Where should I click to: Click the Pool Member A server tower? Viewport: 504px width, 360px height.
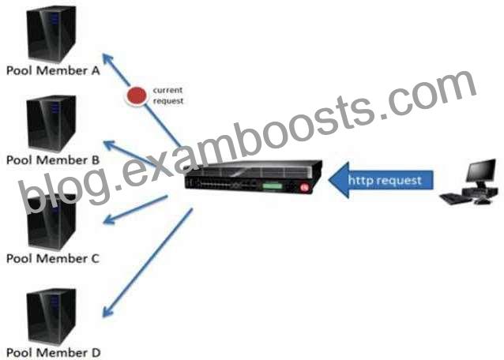tap(51, 34)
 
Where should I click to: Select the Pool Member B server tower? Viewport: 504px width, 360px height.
tap(51, 124)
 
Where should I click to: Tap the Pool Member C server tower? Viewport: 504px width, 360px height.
tap(51, 222)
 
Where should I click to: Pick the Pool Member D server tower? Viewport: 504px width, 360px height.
tap(51, 317)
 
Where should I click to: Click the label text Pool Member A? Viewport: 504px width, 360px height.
tap(53, 70)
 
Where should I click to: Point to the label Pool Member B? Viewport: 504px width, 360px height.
tap(53, 160)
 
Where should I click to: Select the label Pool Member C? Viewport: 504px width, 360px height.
tap(53, 258)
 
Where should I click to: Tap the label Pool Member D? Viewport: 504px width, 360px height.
tap(54, 353)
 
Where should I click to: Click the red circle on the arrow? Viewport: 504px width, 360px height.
tap(137, 96)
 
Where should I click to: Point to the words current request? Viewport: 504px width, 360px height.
tap(167, 96)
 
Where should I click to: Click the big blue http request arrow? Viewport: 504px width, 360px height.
tap(381, 180)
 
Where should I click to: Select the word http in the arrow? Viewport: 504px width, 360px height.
tap(360, 180)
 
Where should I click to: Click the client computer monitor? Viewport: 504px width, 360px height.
tap(481, 171)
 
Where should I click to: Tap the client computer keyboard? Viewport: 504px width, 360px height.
tap(456, 198)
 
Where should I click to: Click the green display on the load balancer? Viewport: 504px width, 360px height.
tap(273, 186)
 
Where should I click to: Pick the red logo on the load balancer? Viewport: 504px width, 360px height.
tap(304, 188)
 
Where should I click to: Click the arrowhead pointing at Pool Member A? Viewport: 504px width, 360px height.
tap(108, 59)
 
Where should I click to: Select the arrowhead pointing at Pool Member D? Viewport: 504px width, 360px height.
tap(107, 312)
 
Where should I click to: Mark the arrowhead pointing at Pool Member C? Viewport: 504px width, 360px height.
tap(109, 219)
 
